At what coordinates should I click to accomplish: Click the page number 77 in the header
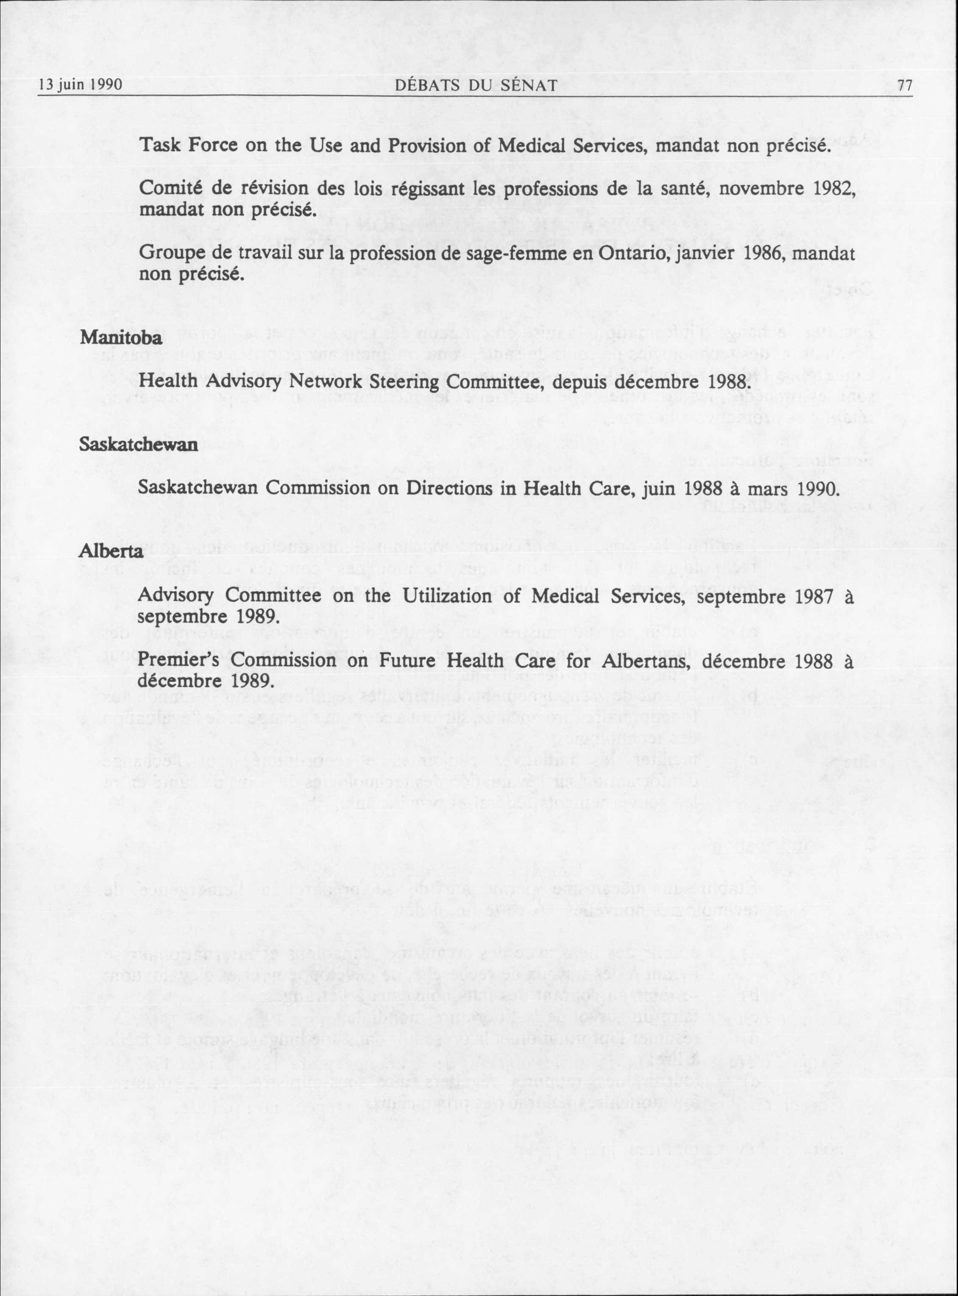pyautogui.click(x=904, y=86)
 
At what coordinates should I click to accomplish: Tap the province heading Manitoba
pyautogui.click(x=121, y=338)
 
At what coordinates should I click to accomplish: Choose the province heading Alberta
pyautogui.click(x=110, y=550)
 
